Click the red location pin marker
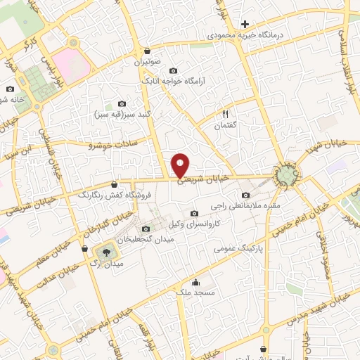[181, 165]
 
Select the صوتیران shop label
[146, 61]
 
